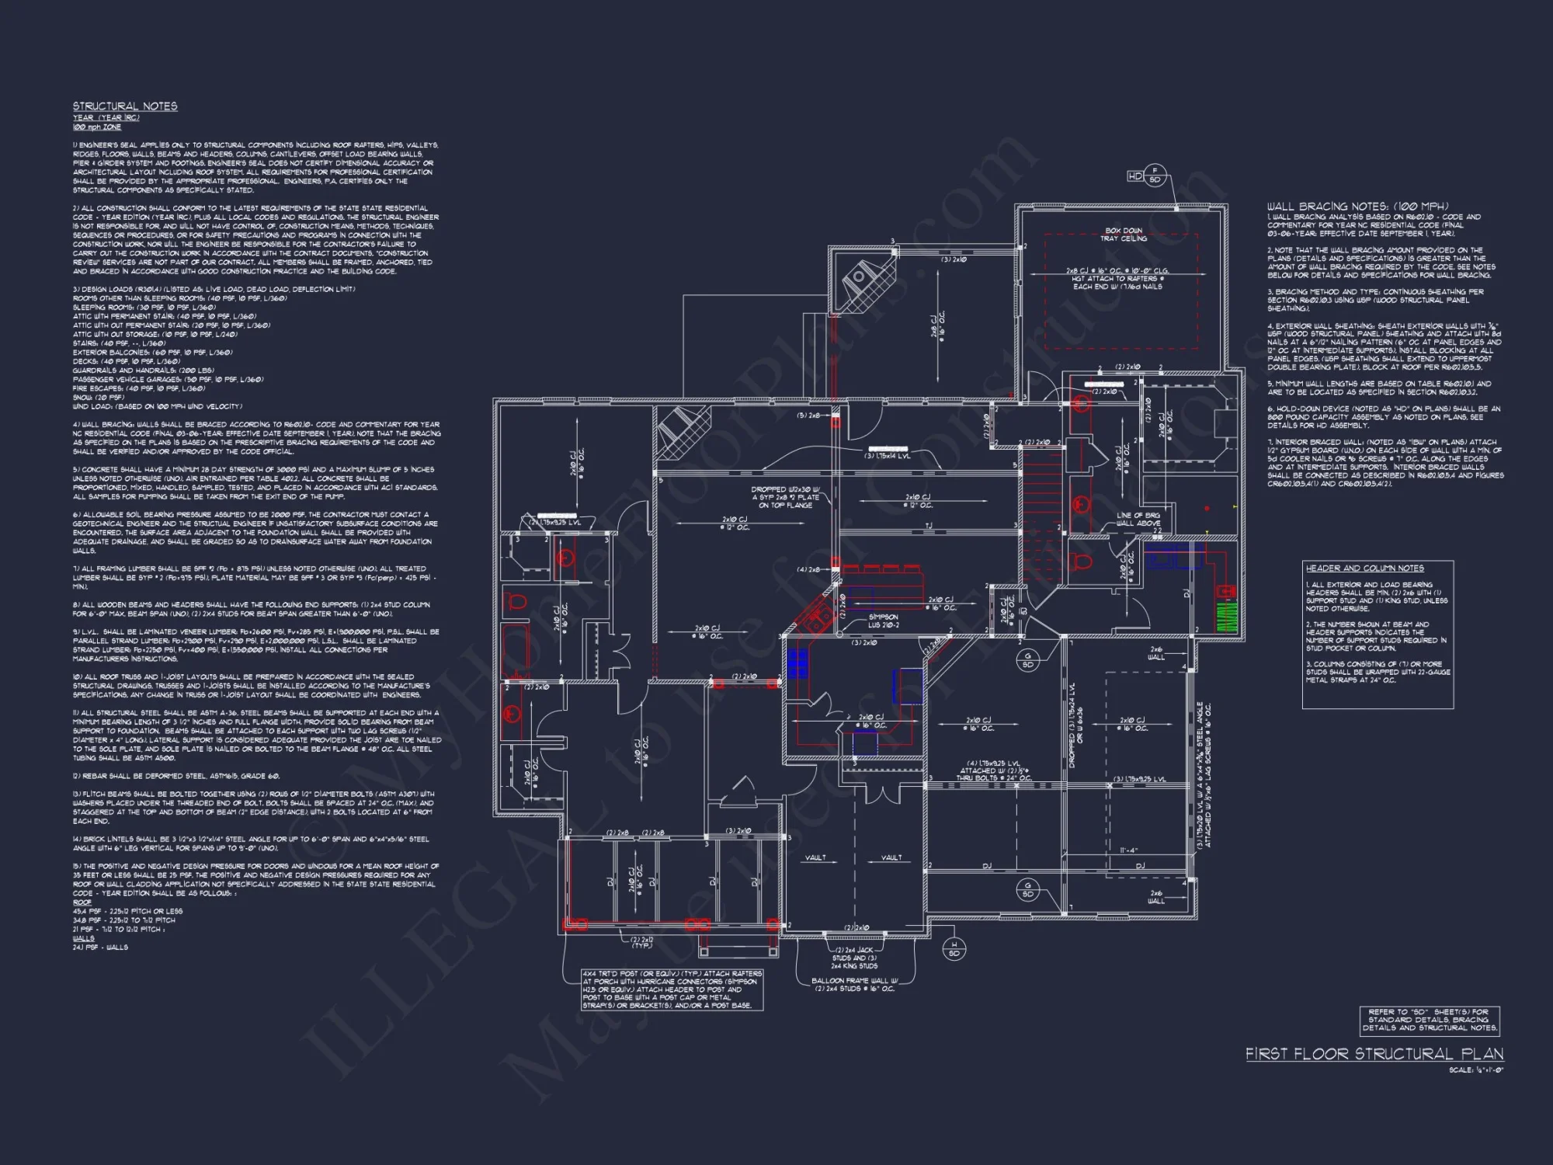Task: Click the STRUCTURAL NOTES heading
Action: click(125, 106)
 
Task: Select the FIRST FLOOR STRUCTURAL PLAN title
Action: click(1374, 1054)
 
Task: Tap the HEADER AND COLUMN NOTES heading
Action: click(1364, 569)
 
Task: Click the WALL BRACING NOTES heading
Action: click(1357, 207)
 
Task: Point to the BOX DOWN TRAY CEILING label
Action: click(1123, 235)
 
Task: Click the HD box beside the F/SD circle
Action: click(1134, 177)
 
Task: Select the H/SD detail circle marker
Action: click(954, 948)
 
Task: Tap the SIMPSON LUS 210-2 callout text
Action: click(883, 621)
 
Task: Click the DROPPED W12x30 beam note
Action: click(784, 497)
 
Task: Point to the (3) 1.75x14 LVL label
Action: click(887, 456)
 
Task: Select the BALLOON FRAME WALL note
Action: click(853, 984)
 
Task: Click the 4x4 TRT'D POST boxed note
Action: click(672, 989)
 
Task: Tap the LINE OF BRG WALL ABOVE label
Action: click(1138, 519)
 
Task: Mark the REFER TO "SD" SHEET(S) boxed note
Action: click(1429, 1020)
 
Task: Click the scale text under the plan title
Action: click(1475, 1070)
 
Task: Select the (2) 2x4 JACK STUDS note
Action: click(853, 958)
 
